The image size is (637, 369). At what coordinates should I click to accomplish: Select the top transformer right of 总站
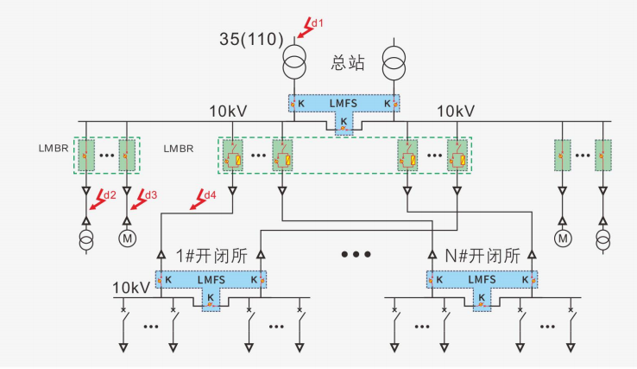(x=394, y=65)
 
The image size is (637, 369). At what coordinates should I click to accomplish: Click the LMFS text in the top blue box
(x=344, y=104)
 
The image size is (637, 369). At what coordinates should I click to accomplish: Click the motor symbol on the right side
(x=563, y=238)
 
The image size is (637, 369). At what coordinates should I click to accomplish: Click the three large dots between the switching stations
(x=356, y=255)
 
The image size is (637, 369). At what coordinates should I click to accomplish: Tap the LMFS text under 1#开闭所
(x=211, y=280)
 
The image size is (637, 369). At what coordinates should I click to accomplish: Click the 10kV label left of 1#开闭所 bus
(x=130, y=286)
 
